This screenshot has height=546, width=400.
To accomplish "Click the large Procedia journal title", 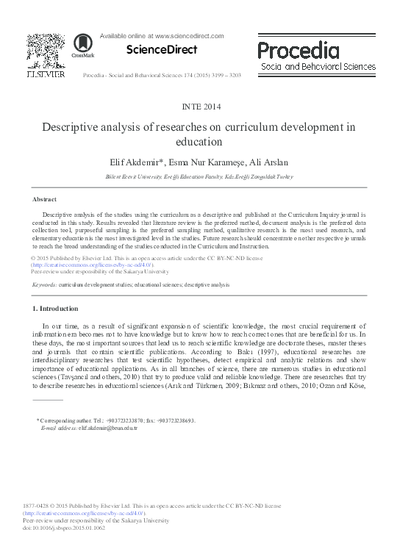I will (298, 51).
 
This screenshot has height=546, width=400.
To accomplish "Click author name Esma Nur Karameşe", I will (203, 161).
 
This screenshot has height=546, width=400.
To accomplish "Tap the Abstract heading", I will (45, 199).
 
